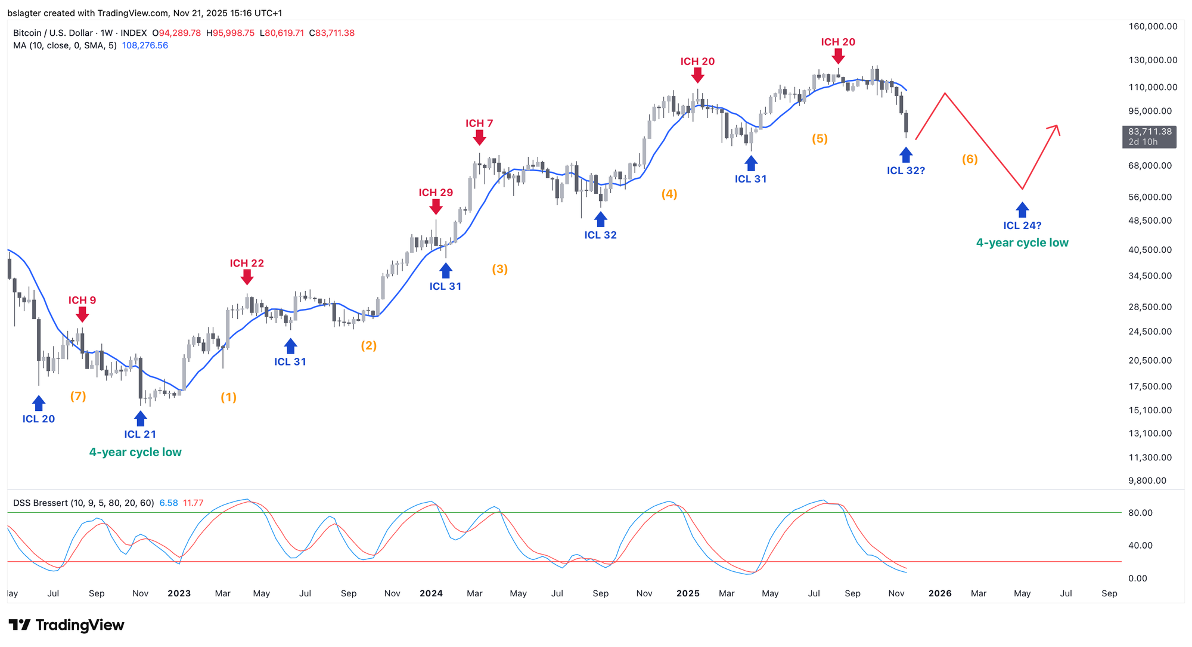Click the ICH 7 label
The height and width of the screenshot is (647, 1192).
[x=479, y=123]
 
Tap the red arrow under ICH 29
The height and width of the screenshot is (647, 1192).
[x=436, y=206]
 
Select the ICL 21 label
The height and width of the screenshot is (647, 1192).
[x=140, y=434]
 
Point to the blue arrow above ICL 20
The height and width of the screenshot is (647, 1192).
[x=39, y=403]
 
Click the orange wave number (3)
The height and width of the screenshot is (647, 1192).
[x=499, y=269]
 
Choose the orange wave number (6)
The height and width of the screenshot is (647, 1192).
[x=970, y=159]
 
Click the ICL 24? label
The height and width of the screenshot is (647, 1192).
[x=1022, y=225]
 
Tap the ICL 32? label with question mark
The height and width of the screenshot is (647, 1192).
[x=906, y=171]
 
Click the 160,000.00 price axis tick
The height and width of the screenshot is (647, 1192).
[x=1153, y=26]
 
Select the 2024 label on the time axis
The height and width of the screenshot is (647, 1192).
[x=431, y=593]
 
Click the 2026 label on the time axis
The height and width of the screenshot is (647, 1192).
[x=940, y=593]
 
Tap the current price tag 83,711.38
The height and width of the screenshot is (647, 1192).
[x=1150, y=132]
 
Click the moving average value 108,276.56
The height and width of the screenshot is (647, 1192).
[x=145, y=45]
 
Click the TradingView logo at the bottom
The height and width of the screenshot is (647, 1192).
[x=67, y=625]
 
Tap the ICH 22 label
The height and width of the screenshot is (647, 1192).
[x=247, y=263]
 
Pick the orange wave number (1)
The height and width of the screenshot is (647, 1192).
[x=229, y=397]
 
